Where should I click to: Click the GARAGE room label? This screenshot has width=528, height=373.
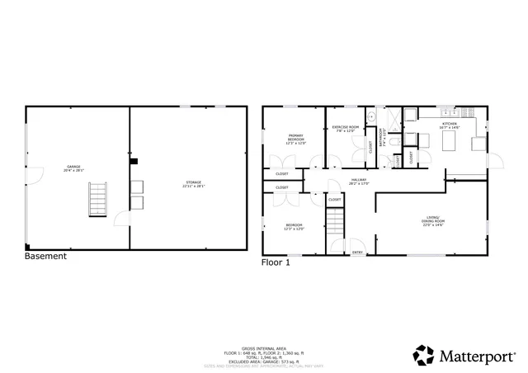(73, 168)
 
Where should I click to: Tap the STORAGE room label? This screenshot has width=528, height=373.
(192, 184)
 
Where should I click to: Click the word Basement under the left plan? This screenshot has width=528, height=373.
(46, 257)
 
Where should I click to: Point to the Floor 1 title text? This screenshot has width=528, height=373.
(276, 262)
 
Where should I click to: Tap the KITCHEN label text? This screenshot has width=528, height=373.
(449, 125)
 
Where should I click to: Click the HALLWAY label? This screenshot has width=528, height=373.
(358, 182)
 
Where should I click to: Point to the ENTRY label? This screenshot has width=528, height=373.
(357, 252)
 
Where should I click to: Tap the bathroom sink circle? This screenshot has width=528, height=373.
(372, 117)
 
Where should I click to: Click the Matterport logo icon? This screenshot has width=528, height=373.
(424, 356)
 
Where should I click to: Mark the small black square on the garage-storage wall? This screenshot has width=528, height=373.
(134, 162)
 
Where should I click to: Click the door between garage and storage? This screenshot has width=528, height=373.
(121, 218)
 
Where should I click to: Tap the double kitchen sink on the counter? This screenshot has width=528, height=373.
(450, 111)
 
